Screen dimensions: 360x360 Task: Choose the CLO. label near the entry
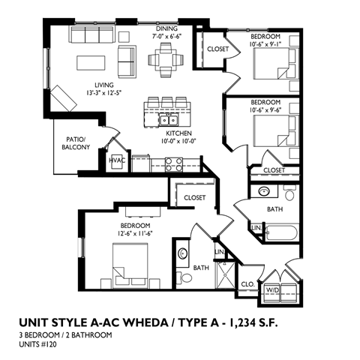247,285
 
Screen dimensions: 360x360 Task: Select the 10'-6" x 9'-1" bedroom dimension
265,43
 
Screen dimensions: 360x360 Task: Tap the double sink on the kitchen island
166,120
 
